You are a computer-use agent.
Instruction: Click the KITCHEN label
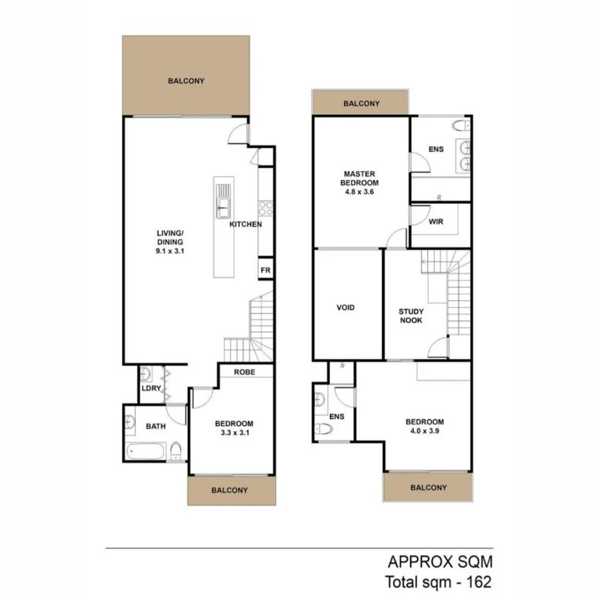[246, 225]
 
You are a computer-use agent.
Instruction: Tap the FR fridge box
[266, 271]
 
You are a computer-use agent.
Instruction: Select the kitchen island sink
[223, 201]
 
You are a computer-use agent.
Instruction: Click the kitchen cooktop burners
[266, 208]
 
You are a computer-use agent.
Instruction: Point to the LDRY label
[151, 388]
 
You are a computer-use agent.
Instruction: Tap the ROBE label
[244, 372]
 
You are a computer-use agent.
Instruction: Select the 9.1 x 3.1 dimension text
[170, 251]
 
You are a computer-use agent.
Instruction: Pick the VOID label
[346, 308]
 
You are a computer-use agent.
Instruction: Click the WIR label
[436, 221]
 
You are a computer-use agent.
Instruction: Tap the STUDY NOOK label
[411, 316]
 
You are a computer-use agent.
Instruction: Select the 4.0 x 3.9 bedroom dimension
[424, 431]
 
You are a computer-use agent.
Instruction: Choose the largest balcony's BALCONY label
[186, 81]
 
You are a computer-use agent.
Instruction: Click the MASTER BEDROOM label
[359, 178]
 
